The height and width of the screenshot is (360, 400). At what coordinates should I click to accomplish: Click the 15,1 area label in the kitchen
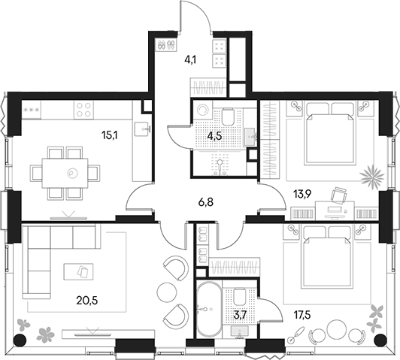pyautogui.click(x=109, y=135)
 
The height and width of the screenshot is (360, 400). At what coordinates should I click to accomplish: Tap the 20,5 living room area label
pyautogui.click(x=87, y=301)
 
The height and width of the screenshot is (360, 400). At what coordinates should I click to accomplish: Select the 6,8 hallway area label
pyautogui.click(x=205, y=202)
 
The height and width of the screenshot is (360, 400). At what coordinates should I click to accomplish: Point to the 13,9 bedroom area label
pyautogui.click(x=302, y=195)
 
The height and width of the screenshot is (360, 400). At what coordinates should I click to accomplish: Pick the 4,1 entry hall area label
pyautogui.click(x=189, y=60)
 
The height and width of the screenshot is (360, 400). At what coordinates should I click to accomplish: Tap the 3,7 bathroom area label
pyautogui.click(x=240, y=316)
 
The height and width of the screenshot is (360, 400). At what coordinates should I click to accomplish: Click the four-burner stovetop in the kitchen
pyautogui.click(x=83, y=110)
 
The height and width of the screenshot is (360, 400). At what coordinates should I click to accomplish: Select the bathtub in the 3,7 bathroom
pyautogui.click(x=209, y=309)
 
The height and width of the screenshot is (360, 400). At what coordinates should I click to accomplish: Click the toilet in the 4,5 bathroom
pyautogui.click(x=228, y=117)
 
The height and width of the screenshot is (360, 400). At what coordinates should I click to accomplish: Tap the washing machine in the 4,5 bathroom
pyautogui.click(x=203, y=110)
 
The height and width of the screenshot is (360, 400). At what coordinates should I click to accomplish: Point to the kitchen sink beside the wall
pyautogui.click(x=143, y=129)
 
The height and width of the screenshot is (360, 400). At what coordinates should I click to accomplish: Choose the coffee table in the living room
pyautogui.click(x=78, y=272)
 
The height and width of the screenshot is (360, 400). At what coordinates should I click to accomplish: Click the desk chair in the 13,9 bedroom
pyautogui.click(x=339, y=195)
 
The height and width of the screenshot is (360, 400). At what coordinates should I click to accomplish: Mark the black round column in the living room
pyautogui.click(x=20, y=340)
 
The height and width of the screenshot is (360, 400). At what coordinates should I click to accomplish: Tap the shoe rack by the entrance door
pyautogui.click(x=165, y=45)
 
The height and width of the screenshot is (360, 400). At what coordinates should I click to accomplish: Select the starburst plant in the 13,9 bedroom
pyautogui.click(x=372, y=177)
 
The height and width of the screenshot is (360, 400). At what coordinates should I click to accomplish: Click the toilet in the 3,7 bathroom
pyautogui.click(x=239, y=297)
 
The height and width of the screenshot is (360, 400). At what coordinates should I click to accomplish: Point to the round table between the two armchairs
pyautogui.click(x=167, y=291)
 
